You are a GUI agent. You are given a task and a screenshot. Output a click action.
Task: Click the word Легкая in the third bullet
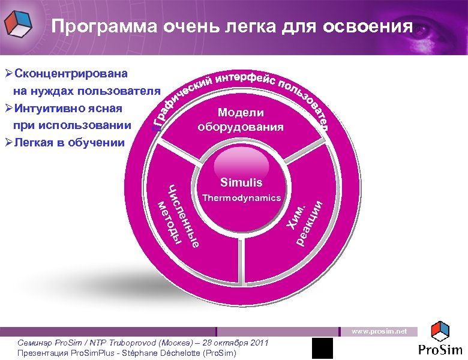(37, 143)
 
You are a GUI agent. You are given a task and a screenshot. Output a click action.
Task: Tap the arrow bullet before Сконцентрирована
(8, 74)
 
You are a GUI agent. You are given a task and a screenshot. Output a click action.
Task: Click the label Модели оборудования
(241, 120)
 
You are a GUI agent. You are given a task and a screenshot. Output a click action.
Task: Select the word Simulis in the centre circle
(241, 182)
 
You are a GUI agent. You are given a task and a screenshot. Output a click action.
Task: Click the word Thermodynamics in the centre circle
(241, 197)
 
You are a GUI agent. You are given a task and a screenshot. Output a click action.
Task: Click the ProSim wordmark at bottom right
(441, 350)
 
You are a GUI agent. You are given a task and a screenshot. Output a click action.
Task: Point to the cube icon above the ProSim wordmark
(441, 330)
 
